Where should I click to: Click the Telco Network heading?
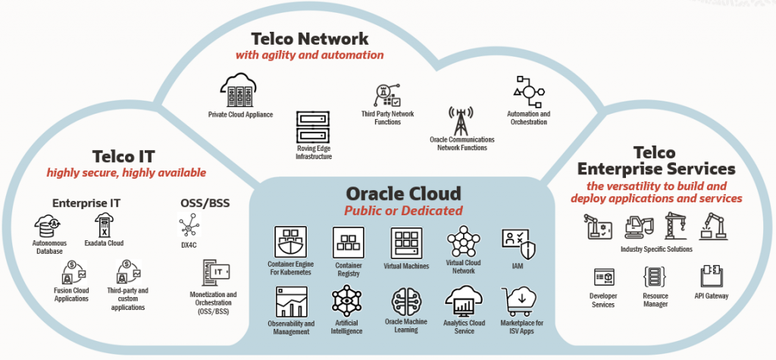pos(311,38)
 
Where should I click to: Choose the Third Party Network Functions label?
pos(387,117)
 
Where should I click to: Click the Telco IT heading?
pos(123,156)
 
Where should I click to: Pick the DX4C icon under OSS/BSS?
pos(187,226)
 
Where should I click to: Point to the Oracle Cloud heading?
pos(402,193)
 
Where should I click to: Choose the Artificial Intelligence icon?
pos(346,304)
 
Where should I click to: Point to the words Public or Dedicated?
pos(403,211)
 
